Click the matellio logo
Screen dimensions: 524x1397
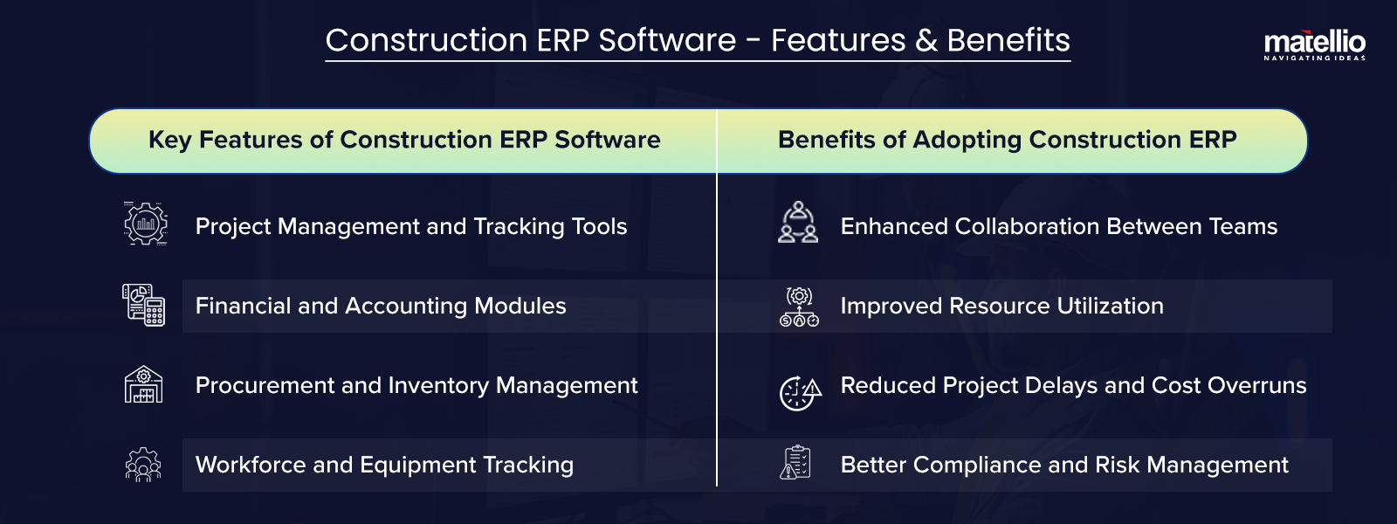[1314, 44]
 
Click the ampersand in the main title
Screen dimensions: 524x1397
[926, 41]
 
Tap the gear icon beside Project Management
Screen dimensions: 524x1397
[145, 224]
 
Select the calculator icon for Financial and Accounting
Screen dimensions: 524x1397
[144, 305]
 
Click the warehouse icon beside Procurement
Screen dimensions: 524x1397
[144, 384]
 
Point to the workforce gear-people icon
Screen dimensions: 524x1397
[143, 465]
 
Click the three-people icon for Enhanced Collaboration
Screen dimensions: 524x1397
[798, 223]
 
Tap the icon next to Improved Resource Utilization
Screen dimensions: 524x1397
[799, 306]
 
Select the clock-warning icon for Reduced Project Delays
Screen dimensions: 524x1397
[800, 392]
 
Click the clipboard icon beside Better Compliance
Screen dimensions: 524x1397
[795, 463]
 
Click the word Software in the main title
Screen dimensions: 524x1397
[667, 41]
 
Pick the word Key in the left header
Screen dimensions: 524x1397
[169, 140]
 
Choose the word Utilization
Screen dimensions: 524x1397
[1110, 306]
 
